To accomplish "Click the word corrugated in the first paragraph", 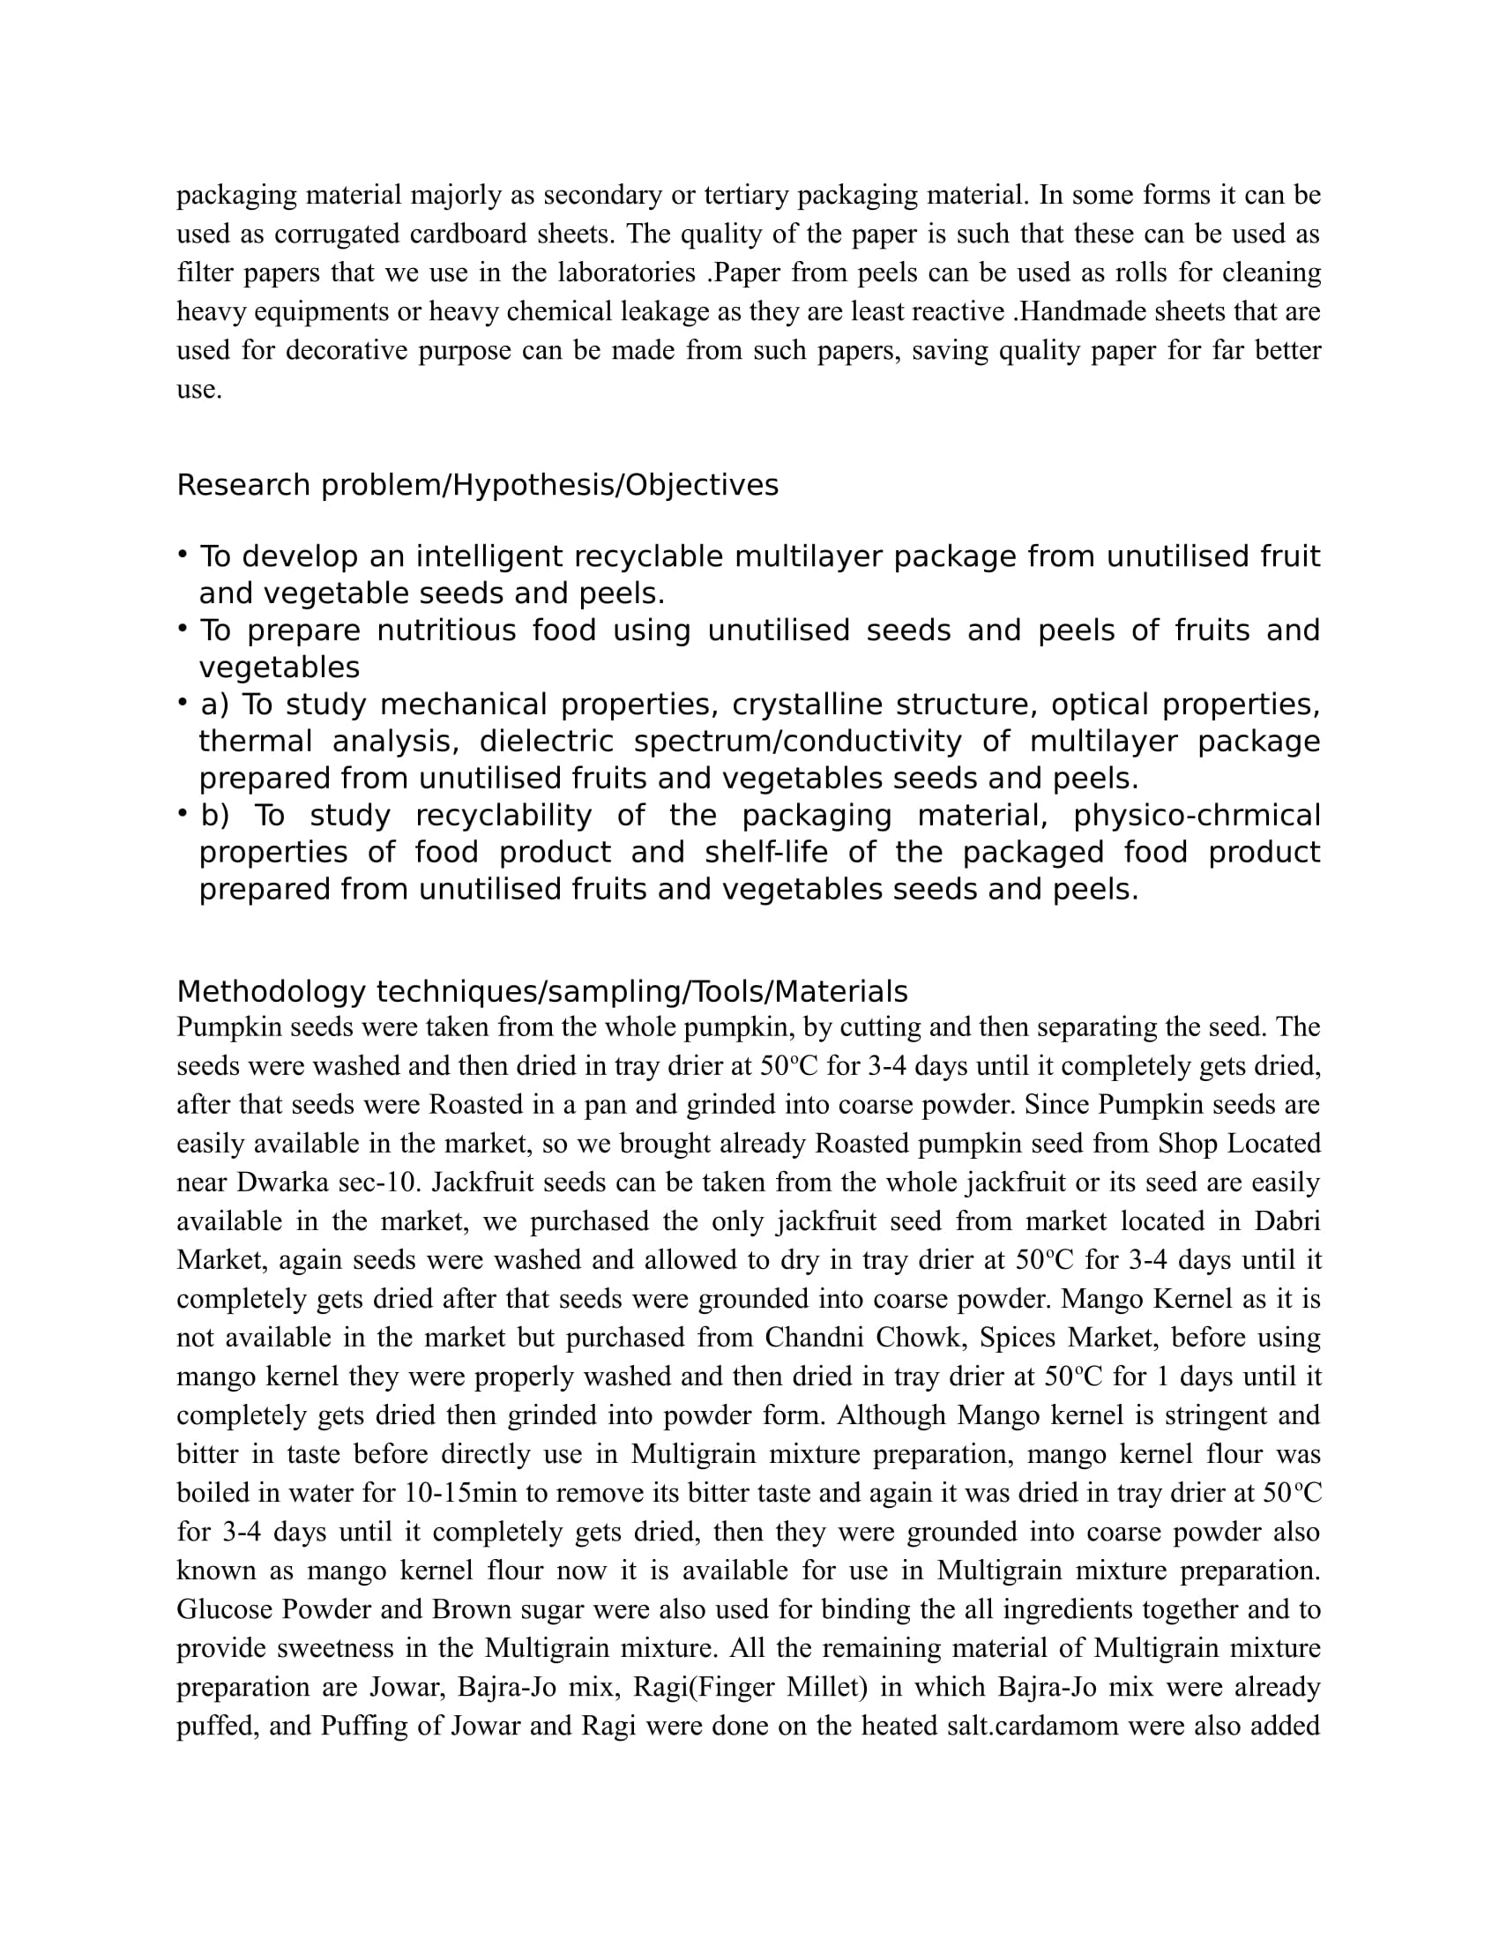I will (337, 234).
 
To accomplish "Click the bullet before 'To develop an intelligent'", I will (182, 556).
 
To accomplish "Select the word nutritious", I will (443, 630).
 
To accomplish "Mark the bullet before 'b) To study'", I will (182, 814).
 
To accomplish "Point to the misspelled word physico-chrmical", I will (1197, 815).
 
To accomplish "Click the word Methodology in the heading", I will (271, 991).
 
